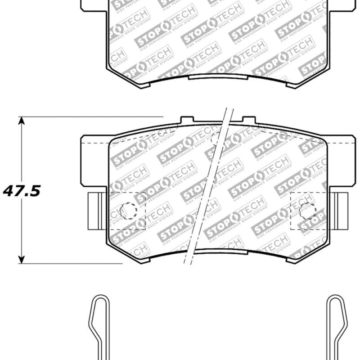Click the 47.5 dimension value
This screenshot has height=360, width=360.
coord(22,191)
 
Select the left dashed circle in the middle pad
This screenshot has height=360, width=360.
coord(128,210)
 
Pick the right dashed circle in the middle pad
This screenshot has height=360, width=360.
coord(307,210)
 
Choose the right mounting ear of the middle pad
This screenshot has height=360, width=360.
coord(341,161)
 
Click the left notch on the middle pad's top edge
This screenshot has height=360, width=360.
coord(187,120)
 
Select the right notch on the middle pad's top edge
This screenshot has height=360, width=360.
coord(249,120)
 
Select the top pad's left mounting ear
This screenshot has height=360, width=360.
coord(94,5)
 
